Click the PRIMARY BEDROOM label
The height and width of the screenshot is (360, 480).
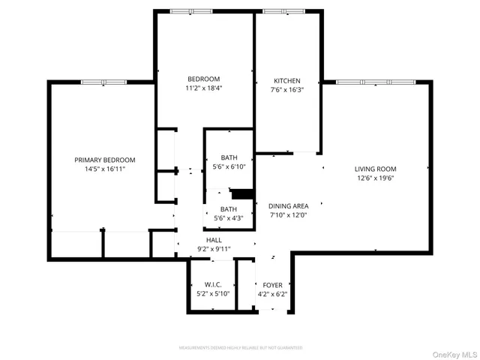104,160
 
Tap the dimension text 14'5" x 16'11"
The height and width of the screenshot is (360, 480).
104,169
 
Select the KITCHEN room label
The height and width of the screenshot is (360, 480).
286,81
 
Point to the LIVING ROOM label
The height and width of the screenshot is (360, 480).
375,169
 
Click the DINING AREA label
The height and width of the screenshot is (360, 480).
289,205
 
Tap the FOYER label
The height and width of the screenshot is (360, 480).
272,285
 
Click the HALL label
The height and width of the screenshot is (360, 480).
214,240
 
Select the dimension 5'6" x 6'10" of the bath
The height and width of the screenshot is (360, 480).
229,167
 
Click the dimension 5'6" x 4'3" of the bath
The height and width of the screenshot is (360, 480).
229,218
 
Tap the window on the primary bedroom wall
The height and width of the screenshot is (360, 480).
103,82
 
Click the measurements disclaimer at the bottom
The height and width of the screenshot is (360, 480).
240,348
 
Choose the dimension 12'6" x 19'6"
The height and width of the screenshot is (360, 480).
375,178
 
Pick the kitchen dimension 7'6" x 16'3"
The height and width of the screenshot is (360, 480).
286,90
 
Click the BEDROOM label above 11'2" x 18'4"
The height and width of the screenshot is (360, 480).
203,79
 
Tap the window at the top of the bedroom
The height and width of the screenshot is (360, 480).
191,11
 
